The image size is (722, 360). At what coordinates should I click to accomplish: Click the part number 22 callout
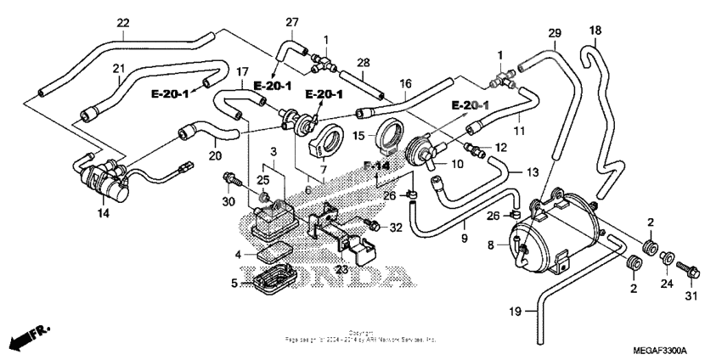point(123,23)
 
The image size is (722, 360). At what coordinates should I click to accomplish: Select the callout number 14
point(103,214)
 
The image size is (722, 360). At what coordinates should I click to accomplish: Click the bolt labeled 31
point(691,273)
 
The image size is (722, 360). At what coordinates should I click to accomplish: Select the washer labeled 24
point(668,256)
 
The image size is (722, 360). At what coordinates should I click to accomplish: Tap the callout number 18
point(595,31)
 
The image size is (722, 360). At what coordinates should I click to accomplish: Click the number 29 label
point(555,33)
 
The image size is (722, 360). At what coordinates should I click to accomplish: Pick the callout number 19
point(515,312)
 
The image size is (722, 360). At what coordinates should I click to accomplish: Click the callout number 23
point(341,270)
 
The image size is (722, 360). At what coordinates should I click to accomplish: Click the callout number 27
point(292,22)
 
